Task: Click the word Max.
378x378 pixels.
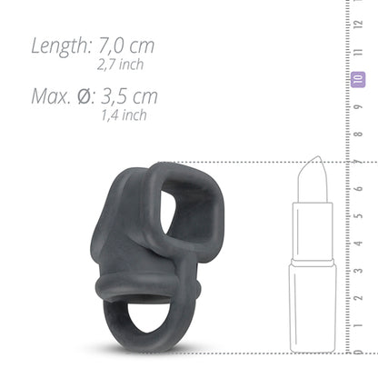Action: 53,95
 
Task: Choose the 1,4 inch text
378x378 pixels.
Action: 124,115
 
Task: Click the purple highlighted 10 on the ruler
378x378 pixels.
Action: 358,81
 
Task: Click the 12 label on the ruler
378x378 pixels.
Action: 358,28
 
